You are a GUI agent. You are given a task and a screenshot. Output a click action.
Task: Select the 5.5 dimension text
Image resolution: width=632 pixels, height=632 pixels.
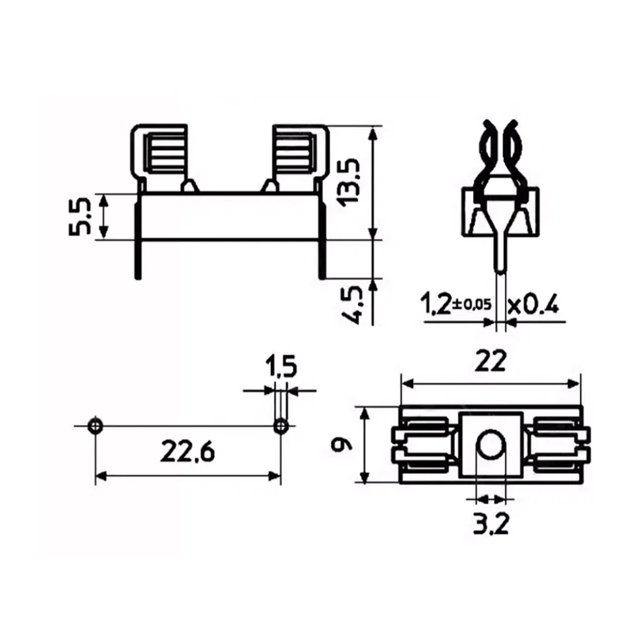pyautogui.click(x=81, y=217)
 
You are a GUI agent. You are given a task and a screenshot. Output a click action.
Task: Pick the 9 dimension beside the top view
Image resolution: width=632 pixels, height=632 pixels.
pyautogui.click(x=340, y=445)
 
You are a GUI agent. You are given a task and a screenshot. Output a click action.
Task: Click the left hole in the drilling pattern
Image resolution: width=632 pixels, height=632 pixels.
pyautogui.click(x=95, y=426)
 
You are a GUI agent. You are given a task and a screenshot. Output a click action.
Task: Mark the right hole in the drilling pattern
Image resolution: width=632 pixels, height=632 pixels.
pyautogui.click(x=280, y=427)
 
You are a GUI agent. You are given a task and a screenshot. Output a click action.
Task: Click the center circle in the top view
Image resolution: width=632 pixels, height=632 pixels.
pyautogui.click(x=491, y=446)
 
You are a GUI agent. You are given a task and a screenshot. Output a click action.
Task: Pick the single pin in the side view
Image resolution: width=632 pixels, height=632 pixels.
pyautogui.click(x=498, y=253)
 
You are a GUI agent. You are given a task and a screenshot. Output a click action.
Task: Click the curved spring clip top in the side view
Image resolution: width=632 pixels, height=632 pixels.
pyautogui.click(x=499, y=146)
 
